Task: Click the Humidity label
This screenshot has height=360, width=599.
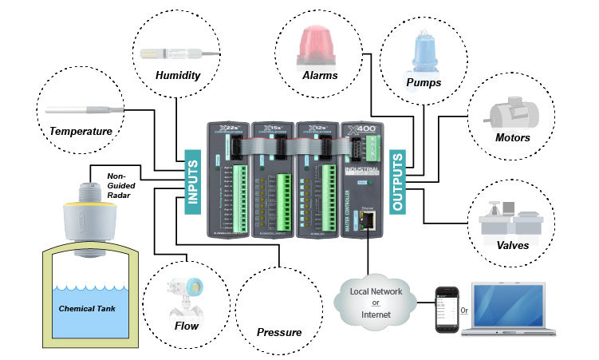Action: [177, 76]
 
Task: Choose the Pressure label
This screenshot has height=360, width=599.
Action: [279, 332]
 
